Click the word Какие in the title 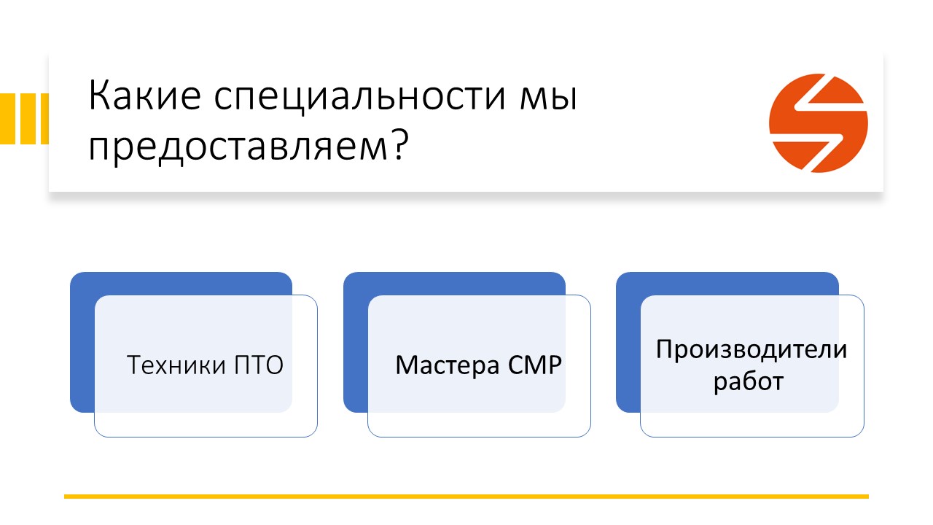click(144, 96)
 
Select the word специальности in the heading click(360, 98)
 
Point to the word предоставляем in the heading click(238, 148)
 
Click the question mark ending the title click(400, 144)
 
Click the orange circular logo click(819, 123)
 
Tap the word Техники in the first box click(176, 365)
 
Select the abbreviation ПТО click(259, 365)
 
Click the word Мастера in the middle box click(448, 365)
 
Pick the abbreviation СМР click(535, 365)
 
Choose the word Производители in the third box click(752, 349)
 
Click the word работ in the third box click(749, 381)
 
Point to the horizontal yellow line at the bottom click(466, 497)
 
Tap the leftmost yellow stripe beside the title click(7, 119)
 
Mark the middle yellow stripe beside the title click(28, 119)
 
